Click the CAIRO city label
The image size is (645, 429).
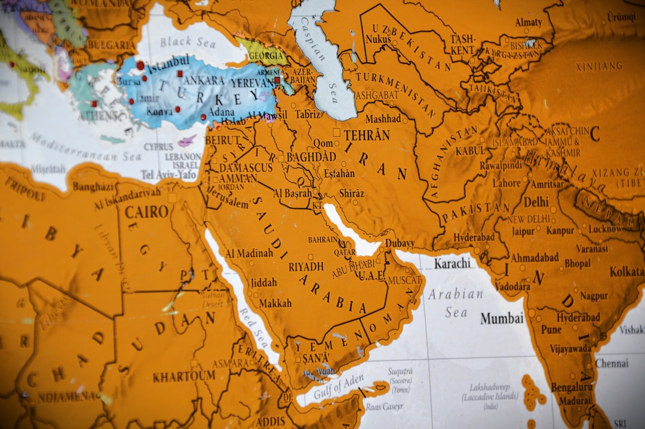[x=146, y=212]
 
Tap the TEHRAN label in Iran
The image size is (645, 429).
[x=366, y=135]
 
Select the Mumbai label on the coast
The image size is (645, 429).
[x=502, y=318]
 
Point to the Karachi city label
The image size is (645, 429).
[x=452, y=263]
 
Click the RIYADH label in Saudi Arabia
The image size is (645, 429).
[x=306, y=266]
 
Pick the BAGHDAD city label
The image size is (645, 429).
[x=311, y=157]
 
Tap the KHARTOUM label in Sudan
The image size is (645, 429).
[x=183, y=376]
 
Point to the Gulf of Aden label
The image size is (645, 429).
[x=339, y=387]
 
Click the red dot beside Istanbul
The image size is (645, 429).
[x=140, y=65]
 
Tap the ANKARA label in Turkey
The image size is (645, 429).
[x=204, y=79]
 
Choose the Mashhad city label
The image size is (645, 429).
[x=383, y=119]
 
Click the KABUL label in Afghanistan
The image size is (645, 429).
[x=470, y=151]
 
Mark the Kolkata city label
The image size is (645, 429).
[x=626, y=272]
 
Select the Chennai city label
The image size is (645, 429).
[x=612, y=363]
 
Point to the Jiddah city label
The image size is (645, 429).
[x=263, y=282]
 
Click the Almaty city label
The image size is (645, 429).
[x=529, y=23]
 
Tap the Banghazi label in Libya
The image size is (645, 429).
[x=93, y=187]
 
